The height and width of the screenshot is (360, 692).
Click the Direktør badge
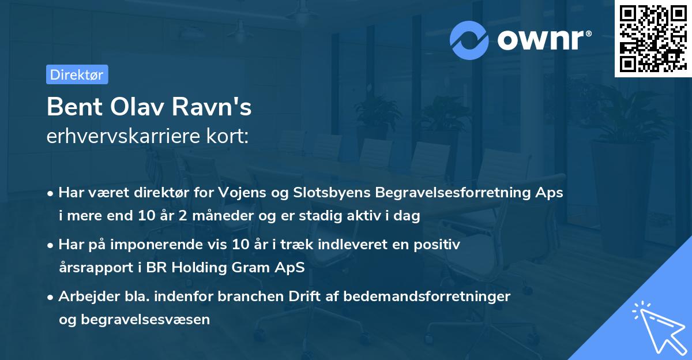point(77,74)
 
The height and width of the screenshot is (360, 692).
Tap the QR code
point(653,39)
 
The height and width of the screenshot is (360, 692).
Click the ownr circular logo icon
point(469,40)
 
